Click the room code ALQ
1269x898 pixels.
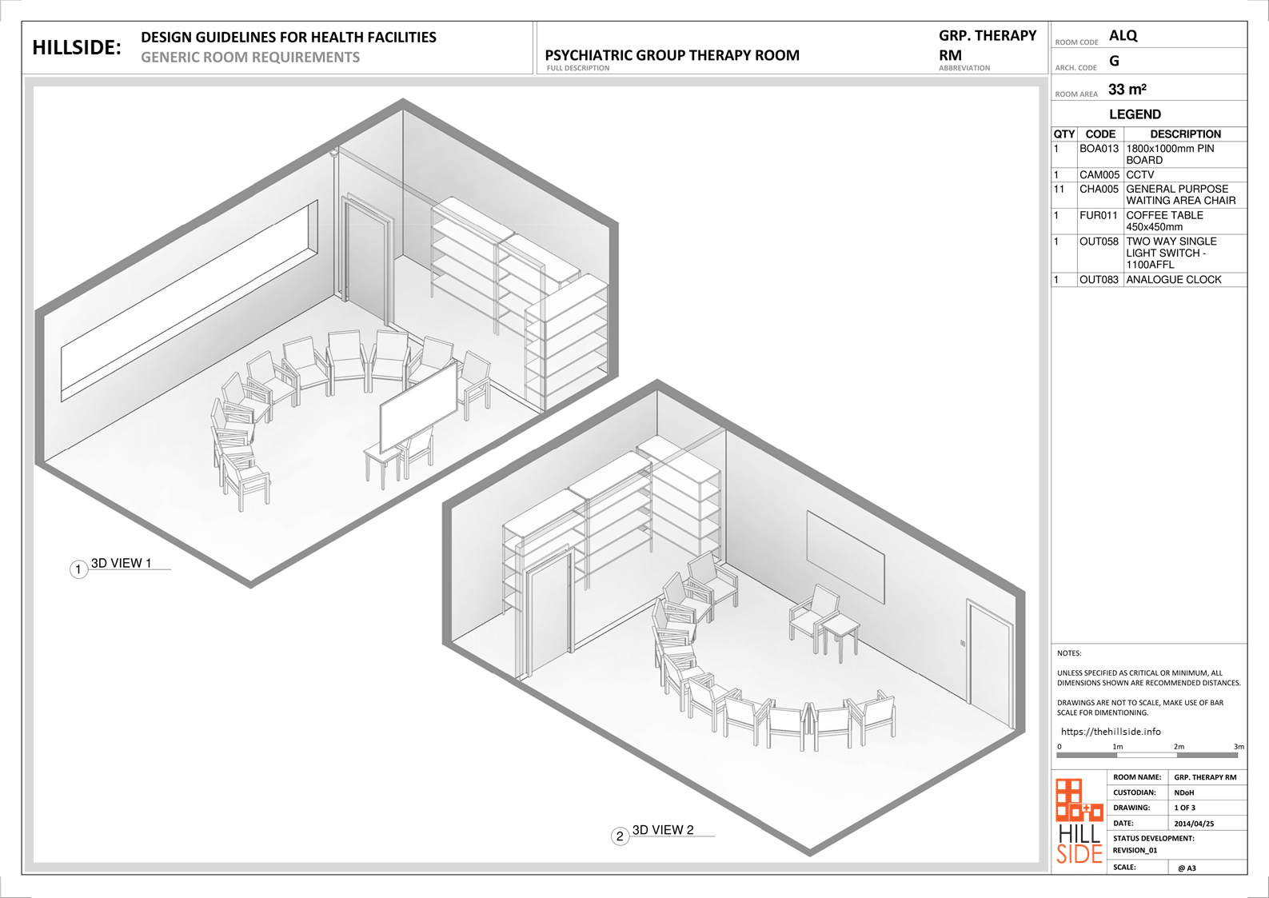(x=1123, y=36)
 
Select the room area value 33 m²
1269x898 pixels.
(x=1127, y=90)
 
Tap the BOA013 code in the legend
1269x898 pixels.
(x=1099, y=149)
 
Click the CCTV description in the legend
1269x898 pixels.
(x=1139, y=174)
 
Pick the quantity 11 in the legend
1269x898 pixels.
(x=1059, y=189)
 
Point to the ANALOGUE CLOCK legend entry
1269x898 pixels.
(x=1173, y=279)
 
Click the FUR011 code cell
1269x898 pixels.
(x=1099, y=215)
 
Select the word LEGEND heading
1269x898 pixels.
(x=1135, y=114)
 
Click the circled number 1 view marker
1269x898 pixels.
(x=78, y=569)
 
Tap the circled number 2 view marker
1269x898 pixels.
(x=620, y=836)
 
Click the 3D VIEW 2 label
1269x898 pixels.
(x=663, y=830)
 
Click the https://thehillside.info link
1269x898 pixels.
(x=1111, y=732)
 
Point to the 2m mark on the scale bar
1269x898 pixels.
(x=1179, y=747)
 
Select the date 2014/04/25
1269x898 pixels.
(x=1194, y=823)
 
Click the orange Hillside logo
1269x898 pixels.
(x=1079, y=821)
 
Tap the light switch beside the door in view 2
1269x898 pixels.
(x=963, y=643)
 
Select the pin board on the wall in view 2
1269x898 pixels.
(x=845, y=557)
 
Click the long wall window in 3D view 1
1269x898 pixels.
(x=190, y=301)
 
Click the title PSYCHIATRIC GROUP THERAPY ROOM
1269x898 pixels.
(x=672, y=55)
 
